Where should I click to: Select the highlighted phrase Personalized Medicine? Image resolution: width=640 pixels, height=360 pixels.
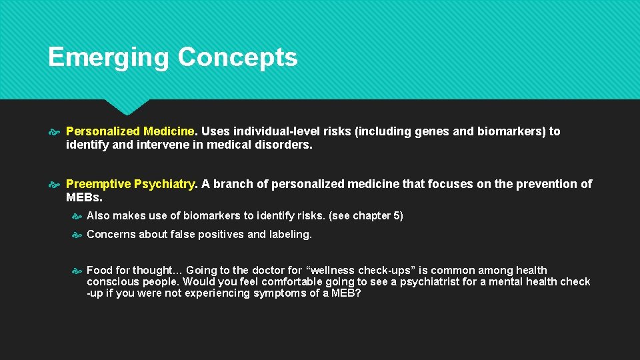(x=131, y=131)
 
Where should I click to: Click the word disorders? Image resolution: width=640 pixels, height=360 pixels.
(x=285, y=144)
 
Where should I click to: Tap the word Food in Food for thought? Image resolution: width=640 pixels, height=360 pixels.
(x=99, y=271)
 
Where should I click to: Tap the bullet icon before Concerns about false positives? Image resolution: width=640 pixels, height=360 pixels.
(x=76, y=235)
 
